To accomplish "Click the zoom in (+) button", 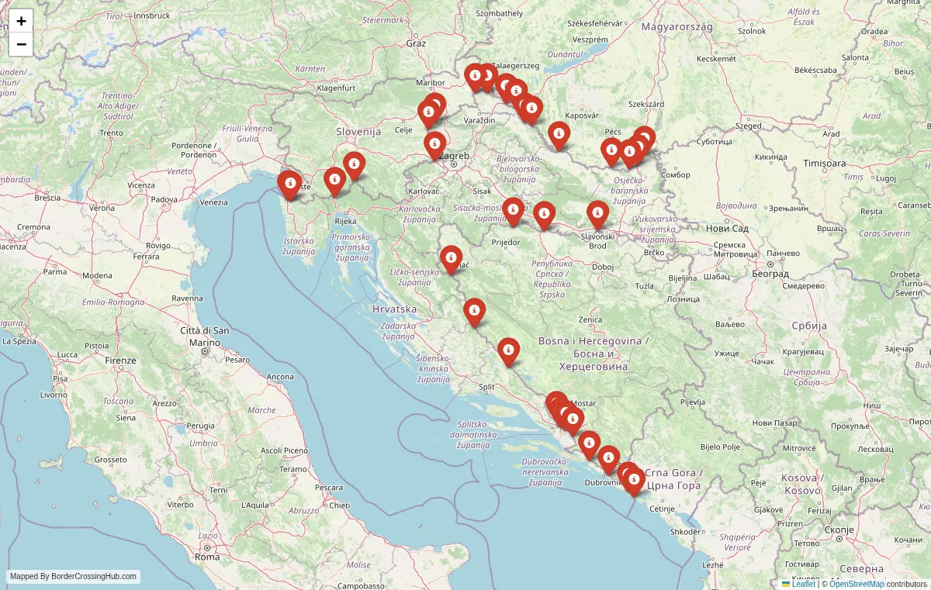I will [21, 21].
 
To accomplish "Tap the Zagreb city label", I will [454, 156].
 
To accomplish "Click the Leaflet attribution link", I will [803, 584].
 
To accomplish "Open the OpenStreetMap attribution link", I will [857, 584].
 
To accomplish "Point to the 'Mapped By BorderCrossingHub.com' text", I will [74, 576].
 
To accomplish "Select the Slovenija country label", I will [358, 132].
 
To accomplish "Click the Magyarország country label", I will [677, 26].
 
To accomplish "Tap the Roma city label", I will [207, 557].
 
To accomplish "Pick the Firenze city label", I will [121, 361].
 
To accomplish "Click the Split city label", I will [487, 387].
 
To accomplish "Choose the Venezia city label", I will [213, 202].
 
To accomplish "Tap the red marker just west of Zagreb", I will [435, 143].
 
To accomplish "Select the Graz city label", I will [416, 43].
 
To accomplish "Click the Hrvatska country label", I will [394, 309].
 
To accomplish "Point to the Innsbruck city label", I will [151, 16].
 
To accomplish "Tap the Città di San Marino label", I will [205, 336].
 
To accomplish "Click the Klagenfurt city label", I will [336, 88].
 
